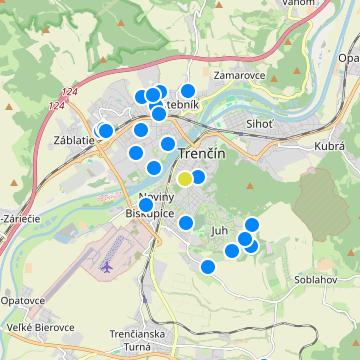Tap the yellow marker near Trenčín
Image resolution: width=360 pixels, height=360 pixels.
point(185,179)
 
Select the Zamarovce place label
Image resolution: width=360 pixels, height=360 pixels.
point(238,75)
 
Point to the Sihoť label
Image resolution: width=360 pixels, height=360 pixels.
point(259,124)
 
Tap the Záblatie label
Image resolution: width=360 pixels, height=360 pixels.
point(75,140)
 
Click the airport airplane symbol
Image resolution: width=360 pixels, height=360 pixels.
point(107,268)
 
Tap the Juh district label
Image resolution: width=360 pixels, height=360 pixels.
point(220,230)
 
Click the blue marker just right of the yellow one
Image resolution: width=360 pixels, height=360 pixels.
point(198,177)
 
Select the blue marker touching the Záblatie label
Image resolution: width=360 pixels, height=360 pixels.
point(105,131)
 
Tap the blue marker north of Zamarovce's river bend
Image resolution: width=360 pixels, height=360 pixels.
point(187,91)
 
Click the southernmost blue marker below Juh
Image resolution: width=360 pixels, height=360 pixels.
point(207,266)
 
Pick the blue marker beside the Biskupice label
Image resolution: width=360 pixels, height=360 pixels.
point(146,204)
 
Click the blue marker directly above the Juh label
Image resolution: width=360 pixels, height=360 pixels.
point(185,222)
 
